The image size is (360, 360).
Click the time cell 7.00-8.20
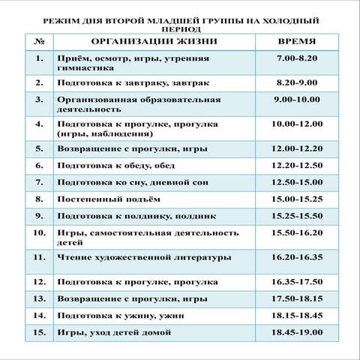(x=297, y=57)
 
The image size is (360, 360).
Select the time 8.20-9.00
(x=297, y=82)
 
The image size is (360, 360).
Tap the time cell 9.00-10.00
(x=297, y=98)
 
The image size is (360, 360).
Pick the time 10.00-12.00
(x=297, y=123)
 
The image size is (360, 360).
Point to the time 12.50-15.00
(x=297, y=181)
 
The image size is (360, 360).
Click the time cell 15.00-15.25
(x=297, y=199)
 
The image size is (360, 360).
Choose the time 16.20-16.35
(x=297, y=257)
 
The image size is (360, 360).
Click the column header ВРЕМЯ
(x=297, y=41)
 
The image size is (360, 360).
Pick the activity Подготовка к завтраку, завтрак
(x=124, y=82)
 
